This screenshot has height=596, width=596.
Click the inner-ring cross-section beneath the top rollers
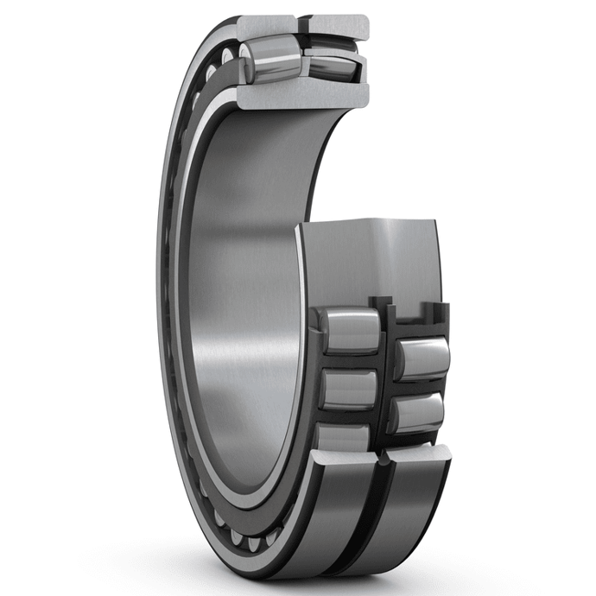click(x=302, y=94)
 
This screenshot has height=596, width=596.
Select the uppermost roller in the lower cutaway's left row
click(x=349, y=330)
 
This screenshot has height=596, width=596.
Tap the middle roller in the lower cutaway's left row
click(x=349, y=389)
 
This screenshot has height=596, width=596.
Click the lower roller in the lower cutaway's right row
click(x=416, y=413)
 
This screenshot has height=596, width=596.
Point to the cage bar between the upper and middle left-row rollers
click(x=349, y=361)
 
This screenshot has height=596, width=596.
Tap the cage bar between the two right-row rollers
click(x=419, y=386)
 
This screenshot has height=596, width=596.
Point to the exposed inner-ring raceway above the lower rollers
click(x=371, y=259)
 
